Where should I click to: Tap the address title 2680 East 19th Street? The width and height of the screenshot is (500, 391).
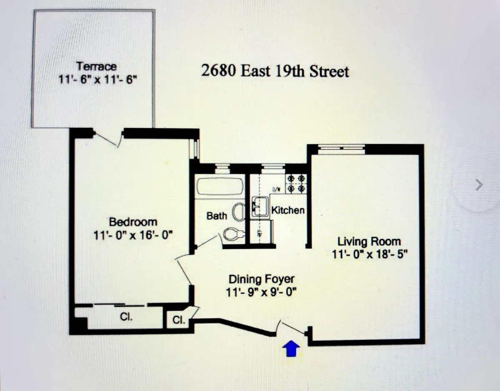(275, 71)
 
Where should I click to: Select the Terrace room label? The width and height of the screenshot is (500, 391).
(96, 66)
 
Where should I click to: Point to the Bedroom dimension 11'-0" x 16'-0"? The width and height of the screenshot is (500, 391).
(133, 235)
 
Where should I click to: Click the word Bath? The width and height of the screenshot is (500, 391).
(217, 216)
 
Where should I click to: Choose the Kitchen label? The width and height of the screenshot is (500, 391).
(288, 210)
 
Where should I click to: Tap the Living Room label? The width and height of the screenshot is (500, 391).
(369, 241)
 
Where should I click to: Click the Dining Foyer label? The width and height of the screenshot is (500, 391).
(262, 278)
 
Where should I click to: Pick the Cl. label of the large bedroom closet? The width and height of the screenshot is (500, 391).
(126, 317)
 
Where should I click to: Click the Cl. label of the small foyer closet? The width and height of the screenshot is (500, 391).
(179, 321)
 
